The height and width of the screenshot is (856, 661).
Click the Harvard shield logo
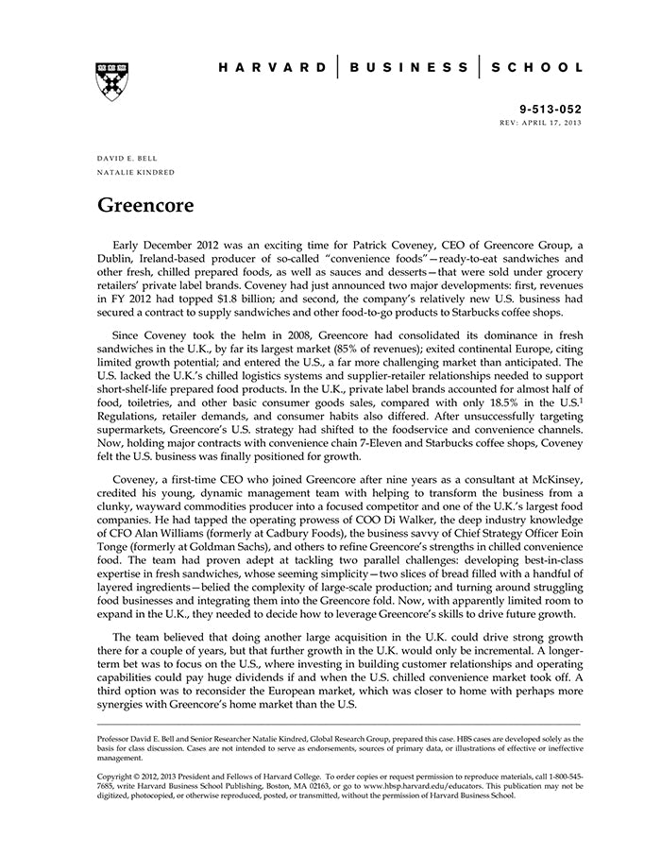click(112, 81)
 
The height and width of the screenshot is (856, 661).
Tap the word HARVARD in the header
click(272, 67)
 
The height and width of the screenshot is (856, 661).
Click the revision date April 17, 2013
click(556, 124)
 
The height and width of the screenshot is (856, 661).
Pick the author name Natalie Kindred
click(136, 172)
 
